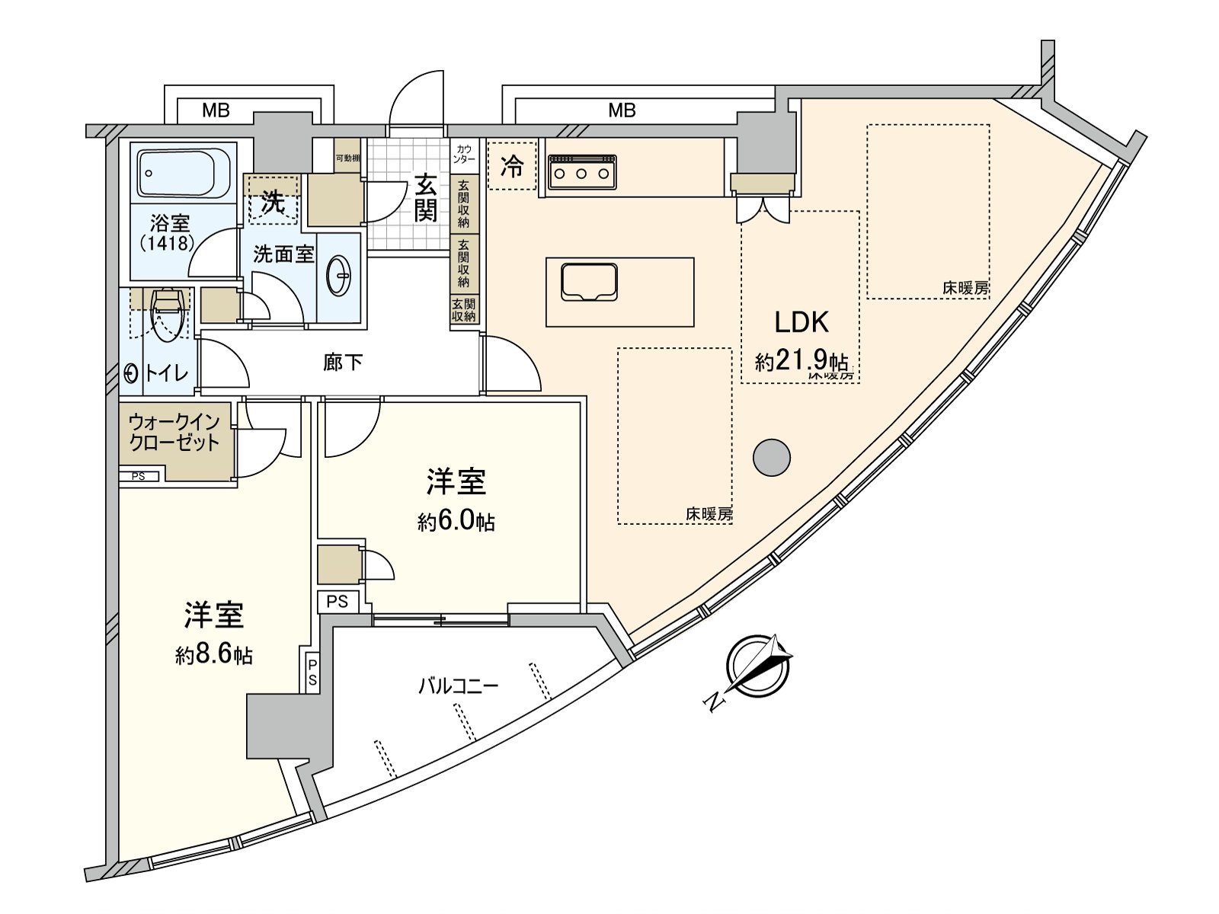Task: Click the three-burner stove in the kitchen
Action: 582,171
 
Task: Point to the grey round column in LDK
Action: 771,457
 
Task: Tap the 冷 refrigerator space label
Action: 512,167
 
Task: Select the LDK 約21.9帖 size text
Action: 801,360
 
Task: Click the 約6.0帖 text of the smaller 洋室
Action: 456,522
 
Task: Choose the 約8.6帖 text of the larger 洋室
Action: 214,655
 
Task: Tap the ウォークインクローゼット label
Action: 174,432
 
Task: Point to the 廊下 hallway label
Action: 342,363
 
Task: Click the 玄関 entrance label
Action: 426,197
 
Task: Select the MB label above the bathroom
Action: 216,111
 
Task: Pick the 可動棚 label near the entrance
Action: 347,158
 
